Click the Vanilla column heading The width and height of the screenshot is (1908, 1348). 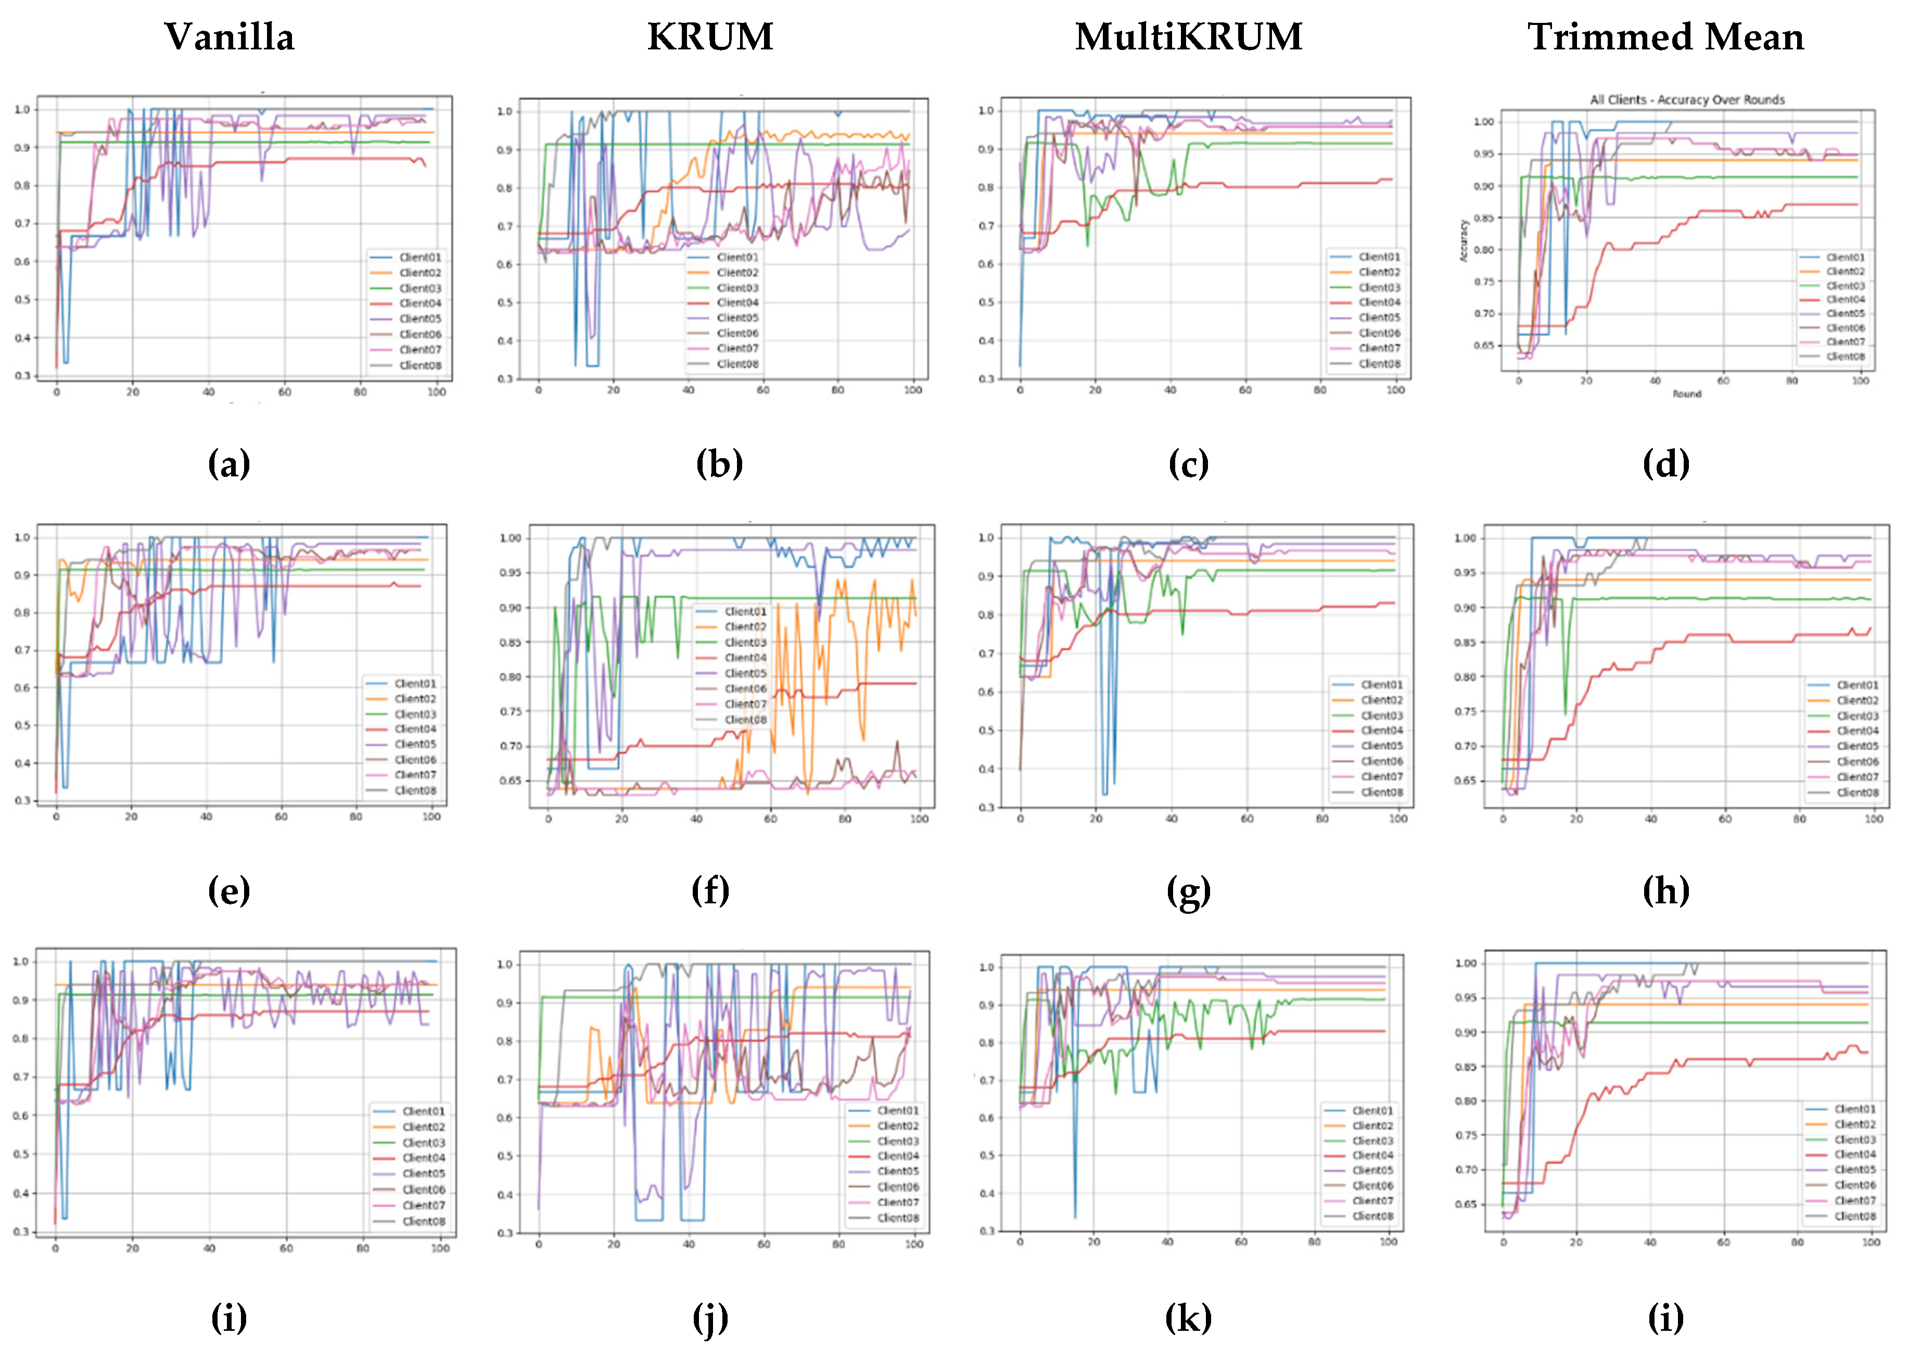coord(230,37)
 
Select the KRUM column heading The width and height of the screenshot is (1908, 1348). coord(710,37)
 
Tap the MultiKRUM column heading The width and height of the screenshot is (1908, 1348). coord(1188,37)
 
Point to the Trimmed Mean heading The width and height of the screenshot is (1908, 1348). coord(1665,37)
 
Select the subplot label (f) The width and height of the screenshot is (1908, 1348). coord(710,891)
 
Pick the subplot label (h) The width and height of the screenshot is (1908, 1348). coord(1665,891)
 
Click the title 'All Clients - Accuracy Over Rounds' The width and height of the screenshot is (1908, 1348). coord(1687,100)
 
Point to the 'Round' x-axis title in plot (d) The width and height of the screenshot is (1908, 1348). coord(1687,394)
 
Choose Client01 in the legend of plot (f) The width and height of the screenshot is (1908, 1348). coord(745,611)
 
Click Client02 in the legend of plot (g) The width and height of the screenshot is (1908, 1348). coord(1382,700)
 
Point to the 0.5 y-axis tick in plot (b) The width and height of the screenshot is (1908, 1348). coord(504,302)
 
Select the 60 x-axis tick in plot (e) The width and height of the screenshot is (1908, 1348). coord(281,816)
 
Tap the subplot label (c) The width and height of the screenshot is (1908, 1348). coord(1188,463)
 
